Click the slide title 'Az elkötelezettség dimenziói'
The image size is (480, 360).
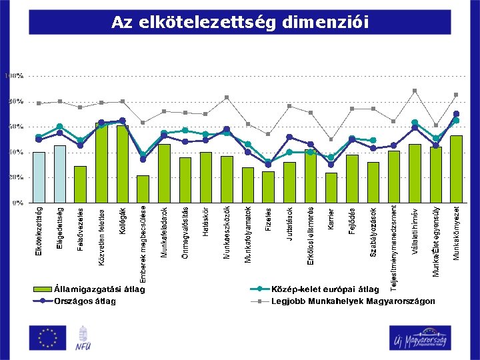click(239, 23)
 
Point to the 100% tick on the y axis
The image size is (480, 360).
click(14, 76)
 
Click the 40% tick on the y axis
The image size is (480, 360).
click(15, 152)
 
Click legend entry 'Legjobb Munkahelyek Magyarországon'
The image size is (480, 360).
click(353, 301)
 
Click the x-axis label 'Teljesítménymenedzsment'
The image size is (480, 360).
click(394, 247)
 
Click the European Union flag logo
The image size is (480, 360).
click(47, 337)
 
